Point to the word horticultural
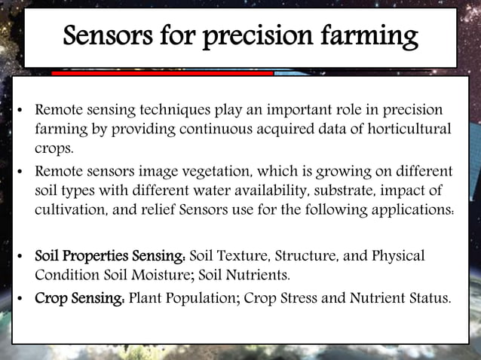tap(403, 129)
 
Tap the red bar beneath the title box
tap(162, 74)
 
